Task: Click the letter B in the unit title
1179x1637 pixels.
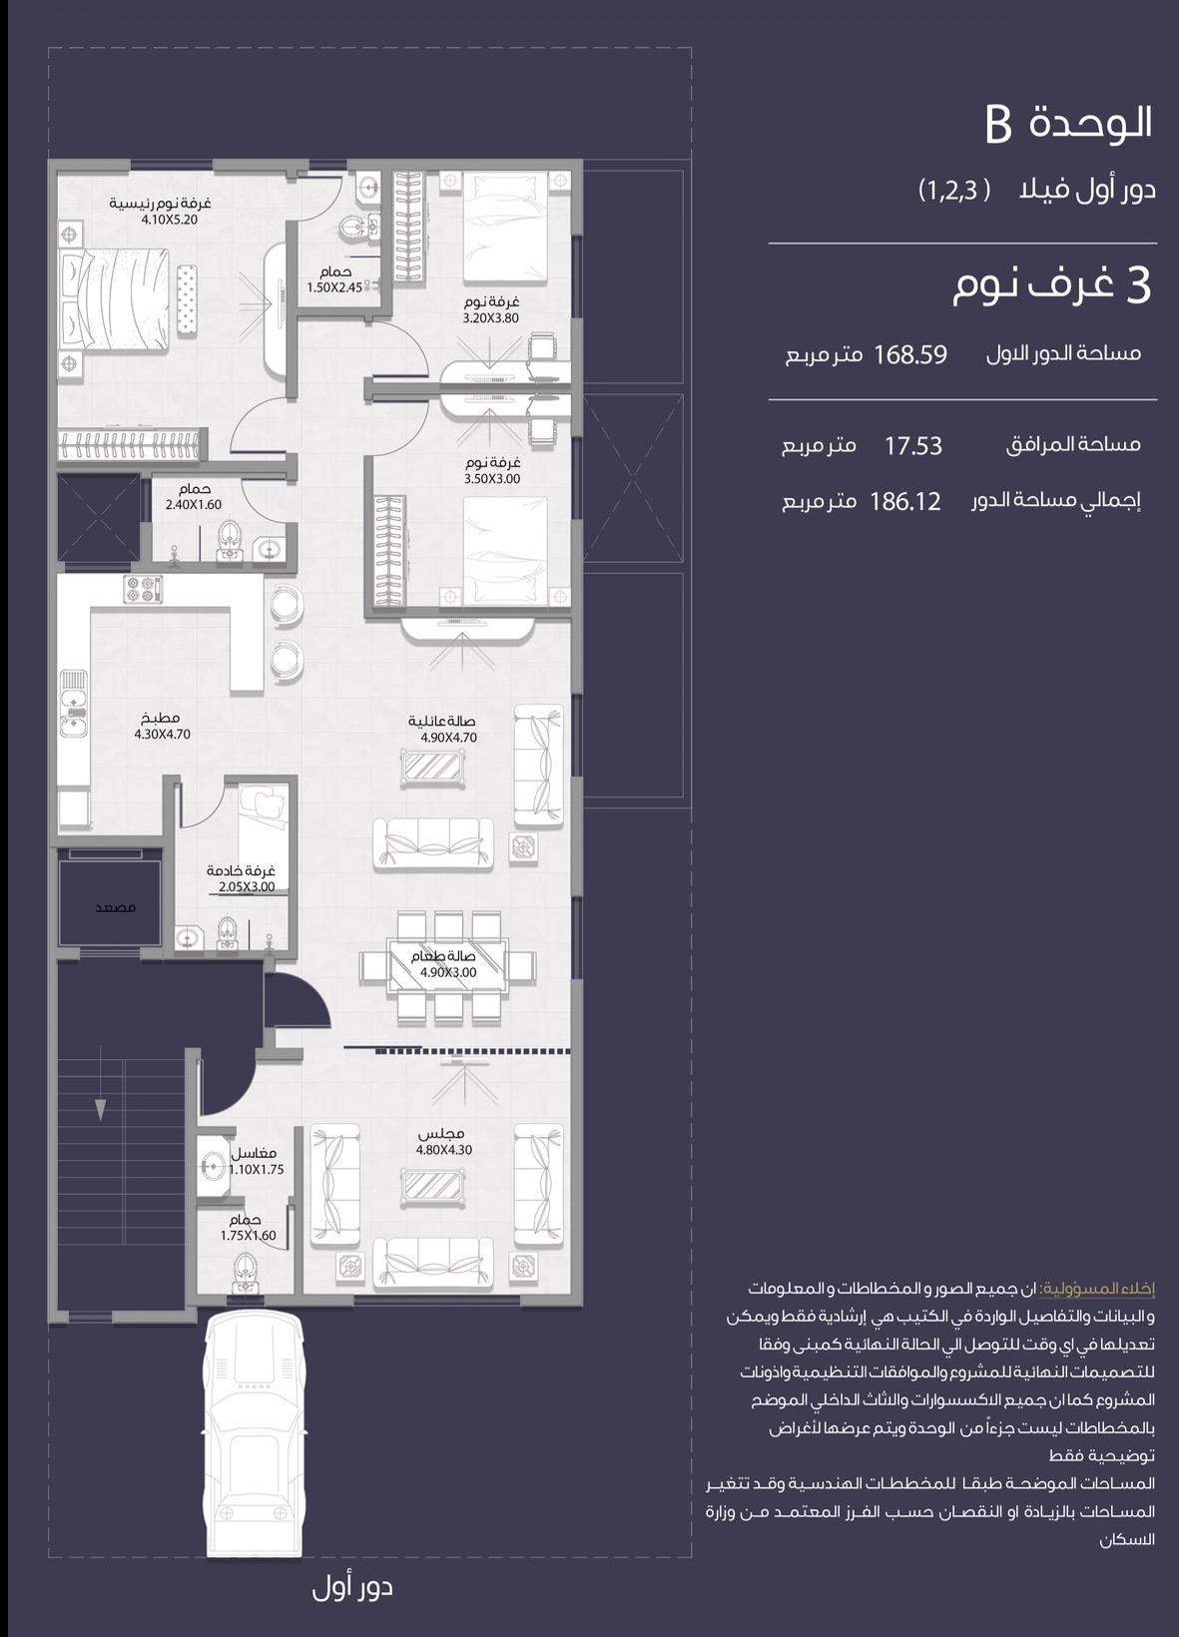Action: (x=997, y=124)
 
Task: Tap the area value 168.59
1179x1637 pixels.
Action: (x=910, y=355)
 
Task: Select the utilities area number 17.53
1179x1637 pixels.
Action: (x=912, y=446)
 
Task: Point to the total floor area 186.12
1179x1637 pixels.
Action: (x=904, y=502)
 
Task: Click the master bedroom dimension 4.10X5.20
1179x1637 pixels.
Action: (x=170, y=220)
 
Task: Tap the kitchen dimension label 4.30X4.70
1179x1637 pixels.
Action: (x=163, y=734)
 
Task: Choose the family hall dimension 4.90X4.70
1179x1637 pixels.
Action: (x=449, y=738)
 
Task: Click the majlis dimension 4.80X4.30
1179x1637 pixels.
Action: (x=444, y=1150)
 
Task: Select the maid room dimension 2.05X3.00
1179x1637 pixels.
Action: (x=247, y=887)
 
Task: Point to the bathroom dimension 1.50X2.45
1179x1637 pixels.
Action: (x=334, y=287)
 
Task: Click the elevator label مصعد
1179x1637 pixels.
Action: (x=116, y=907)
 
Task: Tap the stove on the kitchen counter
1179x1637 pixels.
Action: (x=144, y=589)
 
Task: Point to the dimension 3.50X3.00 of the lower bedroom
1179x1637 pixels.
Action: (x=492, y=479)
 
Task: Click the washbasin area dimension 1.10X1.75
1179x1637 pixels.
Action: (x=256, y=1169)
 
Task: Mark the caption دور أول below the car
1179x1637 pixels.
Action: (x=352, y=1588)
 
